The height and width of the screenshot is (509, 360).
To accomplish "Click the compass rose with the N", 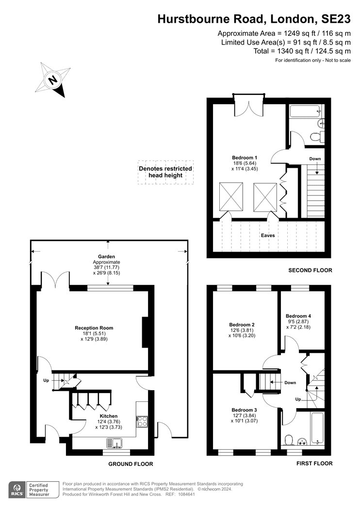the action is coord(53,80).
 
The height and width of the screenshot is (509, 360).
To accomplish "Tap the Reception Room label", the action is coord(94,328).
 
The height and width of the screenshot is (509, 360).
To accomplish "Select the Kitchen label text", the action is coord(109,416).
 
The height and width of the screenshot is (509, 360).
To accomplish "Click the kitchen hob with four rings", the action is coord(142,421).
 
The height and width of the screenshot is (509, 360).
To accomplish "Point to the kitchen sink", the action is coord(114,443).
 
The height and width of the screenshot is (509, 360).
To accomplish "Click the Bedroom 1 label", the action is coord(245,158).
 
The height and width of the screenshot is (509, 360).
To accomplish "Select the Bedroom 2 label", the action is coord(242,325).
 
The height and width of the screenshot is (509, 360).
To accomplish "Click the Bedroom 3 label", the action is coord(245,410).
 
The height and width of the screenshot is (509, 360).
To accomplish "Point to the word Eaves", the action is coord(268,235).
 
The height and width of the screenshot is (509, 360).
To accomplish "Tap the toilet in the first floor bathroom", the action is coord(288,440).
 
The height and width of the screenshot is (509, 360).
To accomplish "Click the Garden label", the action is coord(107,256).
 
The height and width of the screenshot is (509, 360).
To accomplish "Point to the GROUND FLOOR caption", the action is coord(131,464).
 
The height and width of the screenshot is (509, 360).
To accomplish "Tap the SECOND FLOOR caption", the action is coord(311,270).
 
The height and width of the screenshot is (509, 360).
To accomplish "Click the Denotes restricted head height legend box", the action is coord(165,173).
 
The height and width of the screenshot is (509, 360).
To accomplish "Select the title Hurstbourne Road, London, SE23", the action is coord(254,19).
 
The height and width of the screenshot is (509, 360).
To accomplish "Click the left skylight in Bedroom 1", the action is coord(231,197).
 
